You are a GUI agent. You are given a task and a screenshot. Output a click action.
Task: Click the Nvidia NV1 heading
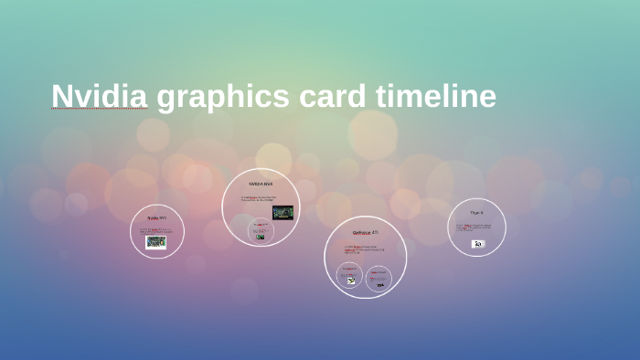coord(157,218)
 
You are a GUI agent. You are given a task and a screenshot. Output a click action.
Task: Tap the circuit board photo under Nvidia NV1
coord(156,242)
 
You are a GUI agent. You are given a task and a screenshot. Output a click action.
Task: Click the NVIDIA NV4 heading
coord(261,184)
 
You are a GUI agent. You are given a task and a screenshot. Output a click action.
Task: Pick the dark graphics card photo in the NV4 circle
coord(283,213)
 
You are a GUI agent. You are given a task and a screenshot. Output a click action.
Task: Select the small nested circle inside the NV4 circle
coord(260,232)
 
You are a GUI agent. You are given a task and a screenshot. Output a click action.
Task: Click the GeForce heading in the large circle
coord(366,233)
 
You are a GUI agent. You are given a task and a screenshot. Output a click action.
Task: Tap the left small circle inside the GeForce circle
coord(350,277)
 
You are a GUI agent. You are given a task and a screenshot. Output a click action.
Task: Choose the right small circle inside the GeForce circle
coord(379,280)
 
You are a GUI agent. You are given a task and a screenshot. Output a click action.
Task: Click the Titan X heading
coord(476,213)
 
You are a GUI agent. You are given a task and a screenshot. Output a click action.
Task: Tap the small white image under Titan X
coord(477,244)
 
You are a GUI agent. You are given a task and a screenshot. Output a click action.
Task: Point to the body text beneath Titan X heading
coord(476,227)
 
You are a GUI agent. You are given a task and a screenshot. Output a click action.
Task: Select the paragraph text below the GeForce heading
coord(365,249)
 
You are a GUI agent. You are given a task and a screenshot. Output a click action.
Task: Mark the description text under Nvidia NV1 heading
coord(156,230)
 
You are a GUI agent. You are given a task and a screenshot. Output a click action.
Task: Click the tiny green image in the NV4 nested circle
coord(260,237)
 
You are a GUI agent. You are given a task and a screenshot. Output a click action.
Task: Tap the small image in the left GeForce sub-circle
coord(350,281)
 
